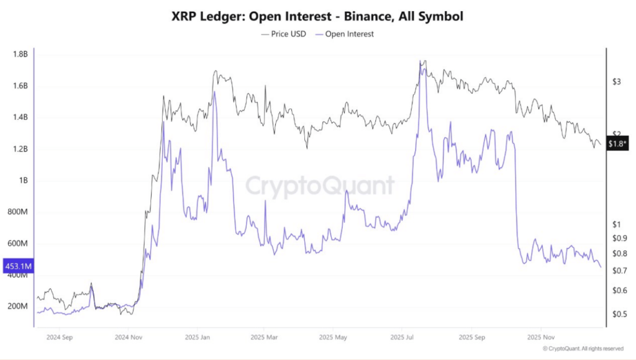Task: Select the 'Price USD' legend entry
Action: point(285,34)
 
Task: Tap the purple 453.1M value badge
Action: point(18,267)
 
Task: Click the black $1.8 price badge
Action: point(618,144)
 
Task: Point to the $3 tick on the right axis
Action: point(616,82)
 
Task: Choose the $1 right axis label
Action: point(616,225)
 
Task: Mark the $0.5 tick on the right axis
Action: point(619,314)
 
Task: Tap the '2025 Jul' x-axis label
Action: point(402,338)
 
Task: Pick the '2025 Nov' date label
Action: point(539,338)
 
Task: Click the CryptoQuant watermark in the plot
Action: point(320,186)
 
